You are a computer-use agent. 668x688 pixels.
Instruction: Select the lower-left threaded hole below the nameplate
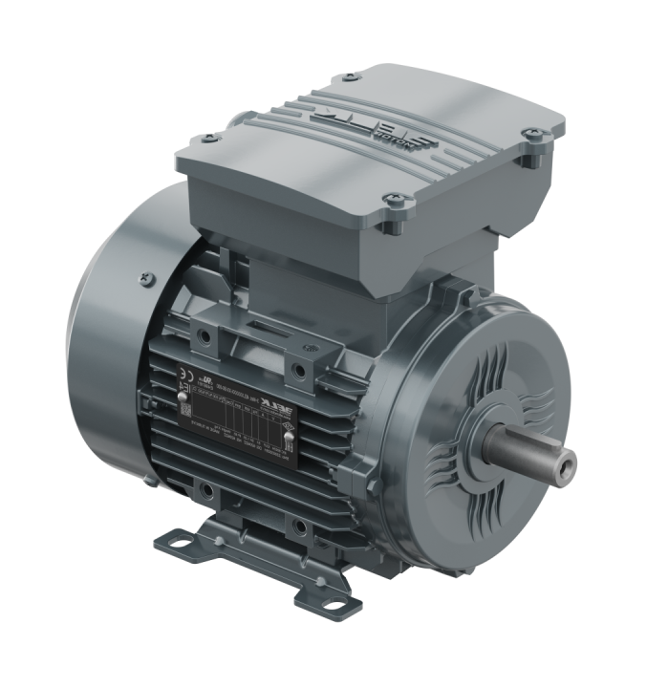206,493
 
